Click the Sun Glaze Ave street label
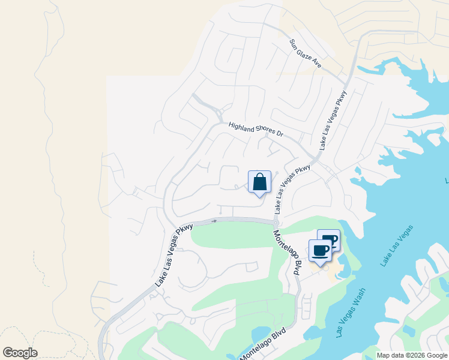tap(306, 53)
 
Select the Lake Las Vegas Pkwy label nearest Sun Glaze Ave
tap(333, 120)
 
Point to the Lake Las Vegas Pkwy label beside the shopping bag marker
tap(292, 189)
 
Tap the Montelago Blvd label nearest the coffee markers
tap(286, 252)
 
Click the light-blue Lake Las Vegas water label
tap(397, 246)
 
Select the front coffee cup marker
tap(320, 251)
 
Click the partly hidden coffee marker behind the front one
tap(332, 238)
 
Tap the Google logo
tap(20, 353)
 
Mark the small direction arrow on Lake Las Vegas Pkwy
tap(214, 221)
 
